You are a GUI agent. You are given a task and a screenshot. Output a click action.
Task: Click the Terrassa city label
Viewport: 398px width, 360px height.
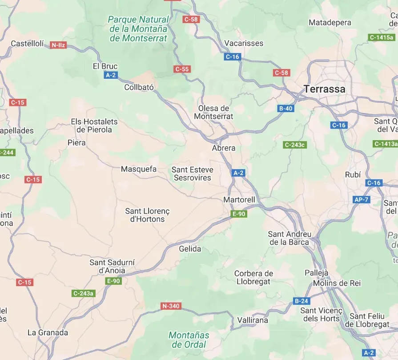tap(324, 89)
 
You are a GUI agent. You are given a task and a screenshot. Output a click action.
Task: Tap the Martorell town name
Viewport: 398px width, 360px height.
tap(239, 200)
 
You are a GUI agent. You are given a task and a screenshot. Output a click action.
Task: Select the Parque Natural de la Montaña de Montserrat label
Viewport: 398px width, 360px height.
tap(138, 29)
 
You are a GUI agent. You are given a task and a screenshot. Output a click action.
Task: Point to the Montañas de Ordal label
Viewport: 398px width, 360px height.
tap(189, 340)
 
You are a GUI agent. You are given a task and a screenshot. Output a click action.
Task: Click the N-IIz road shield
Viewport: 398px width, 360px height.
tap(58, 45)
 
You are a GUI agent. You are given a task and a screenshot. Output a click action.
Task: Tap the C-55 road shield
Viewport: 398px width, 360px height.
tap(182, 69)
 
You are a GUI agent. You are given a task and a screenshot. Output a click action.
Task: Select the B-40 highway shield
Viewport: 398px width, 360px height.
tap(285, 108)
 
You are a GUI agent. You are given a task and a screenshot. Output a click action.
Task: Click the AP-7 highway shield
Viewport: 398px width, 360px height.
tap(361, 199)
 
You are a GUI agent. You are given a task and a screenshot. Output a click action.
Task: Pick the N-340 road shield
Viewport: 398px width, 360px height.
tap(171, 306)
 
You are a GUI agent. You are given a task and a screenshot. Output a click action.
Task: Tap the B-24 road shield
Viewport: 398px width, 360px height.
tap(301, 301)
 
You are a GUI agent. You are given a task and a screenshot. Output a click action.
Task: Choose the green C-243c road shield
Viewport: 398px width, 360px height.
tap(295, 145)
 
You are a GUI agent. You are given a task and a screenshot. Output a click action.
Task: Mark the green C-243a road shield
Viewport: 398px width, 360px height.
tap(83, 293)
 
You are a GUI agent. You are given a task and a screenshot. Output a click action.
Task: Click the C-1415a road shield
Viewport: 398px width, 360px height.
tap(381, 37)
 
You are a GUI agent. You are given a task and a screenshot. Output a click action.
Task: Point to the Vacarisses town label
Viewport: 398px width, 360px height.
tap(244, 43)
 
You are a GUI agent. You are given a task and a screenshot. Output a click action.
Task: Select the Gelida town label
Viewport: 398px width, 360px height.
tap(190, 249)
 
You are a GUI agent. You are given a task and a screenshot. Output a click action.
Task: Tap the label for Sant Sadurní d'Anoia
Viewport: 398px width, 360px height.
tap(112, 266)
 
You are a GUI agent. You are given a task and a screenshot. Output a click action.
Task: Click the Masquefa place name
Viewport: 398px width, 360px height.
tap(139, 169)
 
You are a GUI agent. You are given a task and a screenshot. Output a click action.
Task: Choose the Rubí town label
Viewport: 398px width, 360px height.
tap(353, 175)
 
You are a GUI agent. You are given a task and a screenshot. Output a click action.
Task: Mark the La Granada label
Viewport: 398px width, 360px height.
tap(48, 332)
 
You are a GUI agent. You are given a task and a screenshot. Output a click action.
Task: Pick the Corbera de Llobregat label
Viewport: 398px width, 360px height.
tap(253, 277)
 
